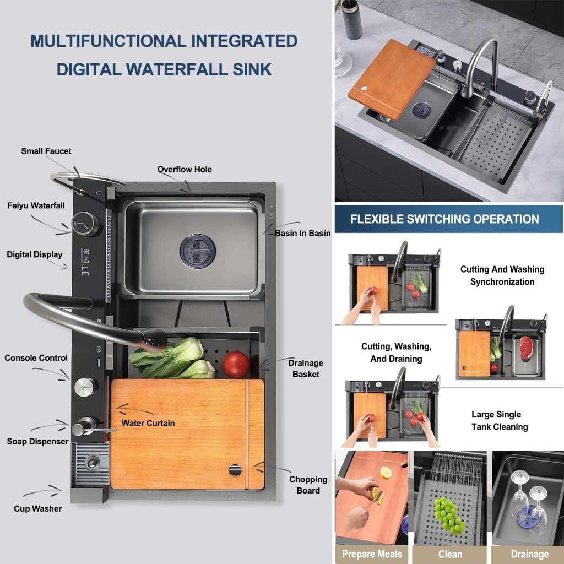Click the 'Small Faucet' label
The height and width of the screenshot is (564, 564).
pyautogui.click(x=46, y=151)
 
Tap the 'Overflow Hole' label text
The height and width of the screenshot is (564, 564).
pyautogui.click(x=185, y=170)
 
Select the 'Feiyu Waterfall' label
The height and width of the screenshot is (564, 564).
pyautogui.click(x=36, y=205)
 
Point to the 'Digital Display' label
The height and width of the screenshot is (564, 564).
pyautogui.click(x=35, y=254)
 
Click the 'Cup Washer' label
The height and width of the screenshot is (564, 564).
pyautogui.click(x=38, y=508)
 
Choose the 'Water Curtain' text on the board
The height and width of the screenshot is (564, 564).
pyautogui.click(x=148, y=423)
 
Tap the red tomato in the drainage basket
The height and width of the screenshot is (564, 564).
pyautogui.click(x=236, y=365)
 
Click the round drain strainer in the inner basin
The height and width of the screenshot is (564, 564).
pyautogui.click(x=198, y=251)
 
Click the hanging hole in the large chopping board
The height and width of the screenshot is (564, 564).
pyautogui.click(x=235, y=470)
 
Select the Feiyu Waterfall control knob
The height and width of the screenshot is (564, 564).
pyautogui.click(x=85, y=224)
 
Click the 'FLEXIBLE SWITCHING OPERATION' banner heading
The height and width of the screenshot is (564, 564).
pyautogui.click(x=444, y=219)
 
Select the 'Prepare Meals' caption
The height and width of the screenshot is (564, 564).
pyautogui.click(x=372, y=554)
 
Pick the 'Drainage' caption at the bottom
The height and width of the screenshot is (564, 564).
pyautogui.click(x=530, y=554)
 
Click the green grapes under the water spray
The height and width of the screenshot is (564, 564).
pyautogui.click(x=448, y=515)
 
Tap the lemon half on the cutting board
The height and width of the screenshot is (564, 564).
pyautogui.click(x=386, y=473)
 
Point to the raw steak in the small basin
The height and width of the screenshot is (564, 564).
pyautogui.click(x=526, y=348)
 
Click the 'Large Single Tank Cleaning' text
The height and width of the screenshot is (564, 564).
pyautogui.click(x=500, y=420)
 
